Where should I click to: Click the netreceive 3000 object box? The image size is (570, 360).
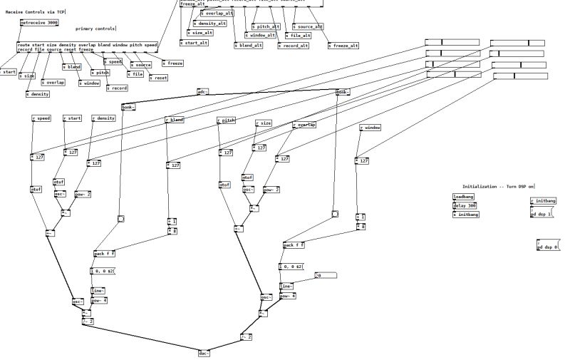point(39,23)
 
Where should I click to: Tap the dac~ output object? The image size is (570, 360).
point(204,352)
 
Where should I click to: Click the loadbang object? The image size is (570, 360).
point(463,196)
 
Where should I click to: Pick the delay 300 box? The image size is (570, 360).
point(465,205)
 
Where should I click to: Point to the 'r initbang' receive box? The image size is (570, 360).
point(542,201)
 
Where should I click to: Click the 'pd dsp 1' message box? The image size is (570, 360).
point(542,215)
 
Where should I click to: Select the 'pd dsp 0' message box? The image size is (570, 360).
point(547,246)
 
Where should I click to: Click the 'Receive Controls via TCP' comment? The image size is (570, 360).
point(35,12)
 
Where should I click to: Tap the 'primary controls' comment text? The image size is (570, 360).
point(95,29)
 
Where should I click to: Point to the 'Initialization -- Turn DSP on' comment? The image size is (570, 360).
point(498,187)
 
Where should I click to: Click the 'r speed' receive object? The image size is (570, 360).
point(41,118)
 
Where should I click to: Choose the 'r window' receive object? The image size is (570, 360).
point(370,128)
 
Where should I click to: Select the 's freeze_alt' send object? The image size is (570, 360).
point(343,46)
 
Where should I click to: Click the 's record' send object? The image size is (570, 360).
point(118,88)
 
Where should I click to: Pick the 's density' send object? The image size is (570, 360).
point(38,94)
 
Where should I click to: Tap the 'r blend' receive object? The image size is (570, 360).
point(174,120)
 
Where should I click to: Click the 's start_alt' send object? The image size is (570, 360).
point(194,43)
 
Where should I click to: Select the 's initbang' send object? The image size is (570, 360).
point(466,214)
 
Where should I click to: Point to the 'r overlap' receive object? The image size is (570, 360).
point(304,125)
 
